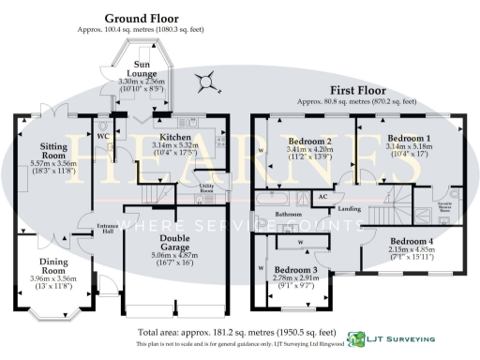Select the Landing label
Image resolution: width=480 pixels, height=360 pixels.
(x=349, y=208)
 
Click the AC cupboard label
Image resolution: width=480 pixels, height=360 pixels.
(x=322, y=196)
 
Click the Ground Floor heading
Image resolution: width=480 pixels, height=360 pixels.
(x=142, y=18)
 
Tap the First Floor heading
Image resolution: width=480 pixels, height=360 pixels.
(x=357, y=90)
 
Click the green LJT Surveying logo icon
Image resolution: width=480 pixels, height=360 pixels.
(x=355, y=338)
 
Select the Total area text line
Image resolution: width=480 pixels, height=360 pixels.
(x=236, y=332)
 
